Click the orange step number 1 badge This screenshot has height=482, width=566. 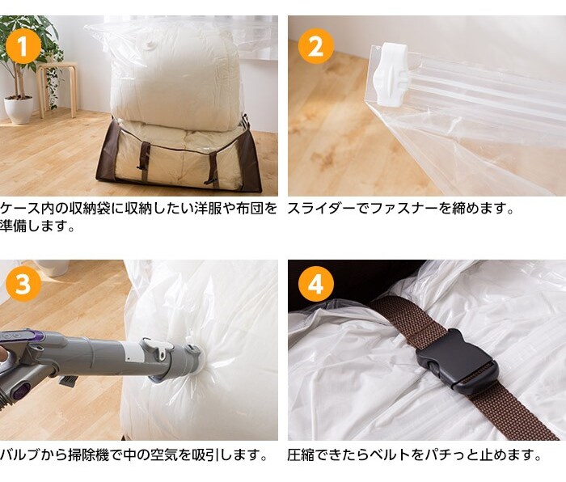[x=23, y=46]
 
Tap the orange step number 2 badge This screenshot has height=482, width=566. [x=316, y=46]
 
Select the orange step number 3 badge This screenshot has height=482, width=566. [x=23, y=284]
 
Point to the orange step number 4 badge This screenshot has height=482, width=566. [x=316, y=284]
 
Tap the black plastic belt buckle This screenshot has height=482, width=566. [x=458, y=361]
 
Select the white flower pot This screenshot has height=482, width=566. [x=19, y=109]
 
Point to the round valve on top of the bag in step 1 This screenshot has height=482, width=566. [x=150, y=44]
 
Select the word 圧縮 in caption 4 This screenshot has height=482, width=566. [x=301, y=455]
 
